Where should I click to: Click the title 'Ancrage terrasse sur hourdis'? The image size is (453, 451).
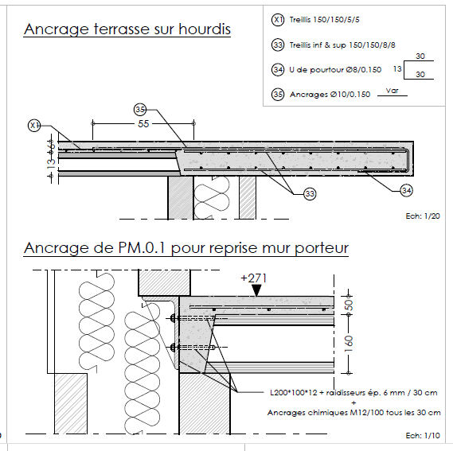coord(127,29)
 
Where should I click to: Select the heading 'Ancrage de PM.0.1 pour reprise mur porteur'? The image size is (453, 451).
coord(186,248)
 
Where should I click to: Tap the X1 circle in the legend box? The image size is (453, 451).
coord(278,20)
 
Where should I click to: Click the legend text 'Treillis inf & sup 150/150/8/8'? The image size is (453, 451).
coord(342,45)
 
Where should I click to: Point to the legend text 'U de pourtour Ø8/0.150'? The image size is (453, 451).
coord(335,70)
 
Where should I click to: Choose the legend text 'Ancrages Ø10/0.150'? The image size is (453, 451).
coord(330,95)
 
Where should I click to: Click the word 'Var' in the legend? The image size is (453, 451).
coord(392,91)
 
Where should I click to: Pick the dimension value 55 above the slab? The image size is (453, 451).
coord(143,124)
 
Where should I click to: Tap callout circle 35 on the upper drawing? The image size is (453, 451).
coord(140,110)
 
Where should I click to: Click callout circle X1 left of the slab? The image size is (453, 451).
coord(34,126)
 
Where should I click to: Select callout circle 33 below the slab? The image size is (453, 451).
coord(310,194)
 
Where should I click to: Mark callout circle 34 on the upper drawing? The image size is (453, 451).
coord(406,191)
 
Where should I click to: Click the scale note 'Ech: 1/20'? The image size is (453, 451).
coord(423,216)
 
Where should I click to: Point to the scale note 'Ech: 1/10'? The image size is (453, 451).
coord(423,436)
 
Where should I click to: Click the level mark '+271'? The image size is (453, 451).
coord(254,278)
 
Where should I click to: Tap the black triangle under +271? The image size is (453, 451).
coord(256,290)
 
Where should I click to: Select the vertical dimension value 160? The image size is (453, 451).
coord(349,344)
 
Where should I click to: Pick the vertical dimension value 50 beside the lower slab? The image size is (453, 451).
coord(349,305)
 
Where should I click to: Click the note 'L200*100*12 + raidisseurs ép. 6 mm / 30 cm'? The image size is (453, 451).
coord(353,393)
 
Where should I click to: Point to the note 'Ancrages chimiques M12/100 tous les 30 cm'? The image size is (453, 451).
coord(354,413)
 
